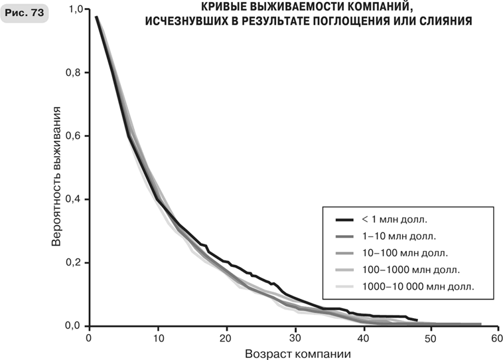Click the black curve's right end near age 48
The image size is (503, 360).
(x=417, y=319)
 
